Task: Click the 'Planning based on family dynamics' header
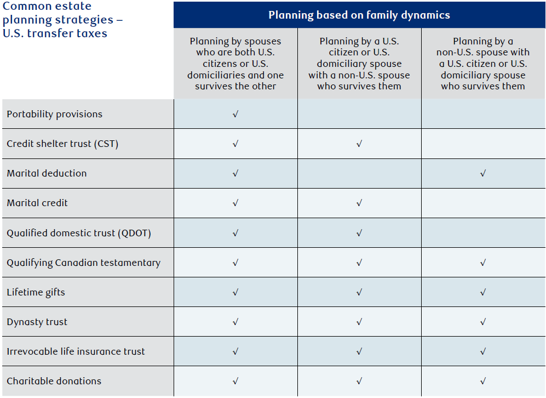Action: (x=359, y=15)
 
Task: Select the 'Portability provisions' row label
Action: (x=54, y=115)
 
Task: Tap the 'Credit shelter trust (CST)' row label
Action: (x=62, y=144)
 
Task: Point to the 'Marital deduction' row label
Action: (x=47, y=173)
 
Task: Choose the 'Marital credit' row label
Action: (x=37, y=203)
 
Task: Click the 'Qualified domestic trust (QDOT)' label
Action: (x=79, y=233)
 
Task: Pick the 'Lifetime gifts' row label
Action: (x=36, y=292)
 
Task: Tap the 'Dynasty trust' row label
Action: (x=37, y=322)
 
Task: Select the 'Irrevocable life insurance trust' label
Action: (x=76, y=351)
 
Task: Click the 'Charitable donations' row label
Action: (x=54, y=381)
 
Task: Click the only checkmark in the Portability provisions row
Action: (x=235, y=114)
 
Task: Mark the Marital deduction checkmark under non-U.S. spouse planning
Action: (x=483, y=173)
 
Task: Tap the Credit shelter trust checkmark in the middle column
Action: (x=359, y=144)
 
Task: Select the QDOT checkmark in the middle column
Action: (x=359, y=233)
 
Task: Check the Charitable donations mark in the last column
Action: (x=483, y=381)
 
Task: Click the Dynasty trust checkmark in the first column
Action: (x=235, y=322)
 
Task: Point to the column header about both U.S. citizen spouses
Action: (x=235, y=64)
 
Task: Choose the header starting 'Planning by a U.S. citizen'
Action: (x=359, y=64)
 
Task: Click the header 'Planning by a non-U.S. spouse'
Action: (x=483, y=64)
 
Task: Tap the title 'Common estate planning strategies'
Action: (x=62, y=20)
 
